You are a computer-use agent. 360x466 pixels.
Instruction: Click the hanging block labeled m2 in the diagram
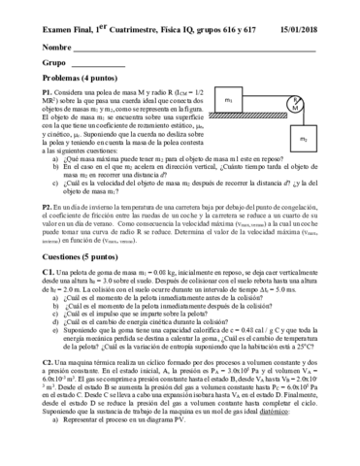tap(303, 141)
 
